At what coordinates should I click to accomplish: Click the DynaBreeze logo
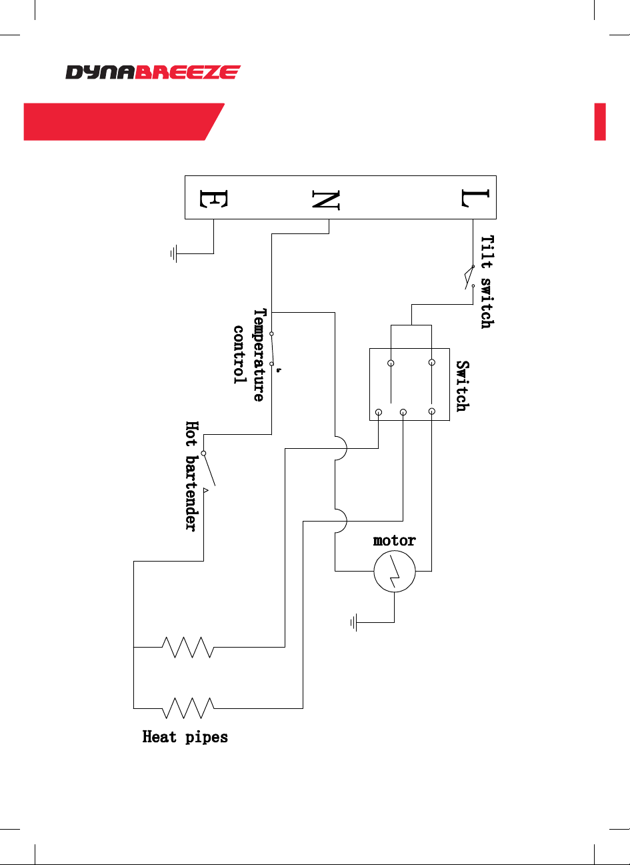click(153, 72)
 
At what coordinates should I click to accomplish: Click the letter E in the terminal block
click(213, 199)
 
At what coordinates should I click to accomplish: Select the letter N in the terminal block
click(326, 200)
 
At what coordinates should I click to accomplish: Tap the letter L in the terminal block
click(475, 198)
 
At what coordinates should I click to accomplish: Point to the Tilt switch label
click(487, 282)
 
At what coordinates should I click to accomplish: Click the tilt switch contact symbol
click(469, 277)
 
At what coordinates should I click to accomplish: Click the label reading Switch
click(463, 386)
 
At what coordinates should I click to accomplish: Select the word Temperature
click(259, 355)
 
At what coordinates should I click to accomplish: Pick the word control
click(239, 355)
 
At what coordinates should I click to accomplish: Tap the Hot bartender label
click(192, 476)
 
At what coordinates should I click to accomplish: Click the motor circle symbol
click(395, 571)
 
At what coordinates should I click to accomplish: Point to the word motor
click(394, 541)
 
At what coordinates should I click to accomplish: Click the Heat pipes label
click(185, 737)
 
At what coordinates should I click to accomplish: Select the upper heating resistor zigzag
click(187, 647)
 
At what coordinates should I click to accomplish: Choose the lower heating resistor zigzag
click(187, 708)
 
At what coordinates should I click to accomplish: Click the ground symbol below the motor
click(354, 622)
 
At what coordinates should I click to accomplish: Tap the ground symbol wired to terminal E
click(174, 253)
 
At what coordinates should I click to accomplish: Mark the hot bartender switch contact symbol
click(208, 470)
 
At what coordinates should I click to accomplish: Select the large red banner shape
click(124, 121)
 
